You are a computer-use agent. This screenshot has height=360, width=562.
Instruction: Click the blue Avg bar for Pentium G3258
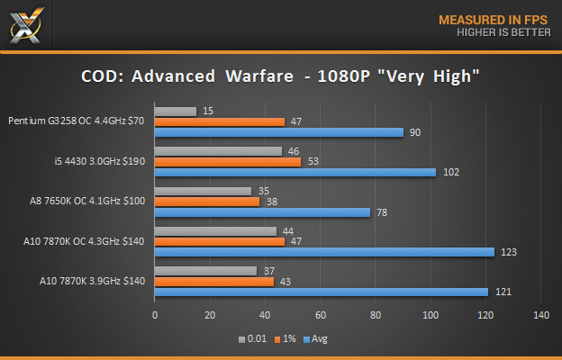[279, 132]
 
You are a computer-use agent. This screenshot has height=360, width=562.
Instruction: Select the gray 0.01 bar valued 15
[176, 112]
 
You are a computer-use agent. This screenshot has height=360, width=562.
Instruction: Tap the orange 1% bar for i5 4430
[228, 162]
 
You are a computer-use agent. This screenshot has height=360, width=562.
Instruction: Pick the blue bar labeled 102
[295, 172]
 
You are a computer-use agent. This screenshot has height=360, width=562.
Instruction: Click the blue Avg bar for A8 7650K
[262, 212]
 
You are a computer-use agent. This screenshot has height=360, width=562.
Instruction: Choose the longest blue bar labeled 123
[324, 252]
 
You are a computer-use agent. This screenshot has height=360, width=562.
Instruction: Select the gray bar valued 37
[206, 271]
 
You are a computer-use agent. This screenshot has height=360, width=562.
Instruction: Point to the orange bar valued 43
[214, 282]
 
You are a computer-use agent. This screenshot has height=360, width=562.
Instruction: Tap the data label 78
[382, 212]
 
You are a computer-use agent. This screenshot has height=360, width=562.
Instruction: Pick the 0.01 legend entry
[253, 339]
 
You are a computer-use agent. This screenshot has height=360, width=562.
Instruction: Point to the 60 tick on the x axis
[321, 315]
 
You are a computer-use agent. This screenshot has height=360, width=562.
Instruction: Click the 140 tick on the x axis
[540, 315]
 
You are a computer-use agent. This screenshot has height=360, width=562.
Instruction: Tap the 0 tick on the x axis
[155, 315]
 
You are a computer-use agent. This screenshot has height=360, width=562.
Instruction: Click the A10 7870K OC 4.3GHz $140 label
[82, 241]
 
